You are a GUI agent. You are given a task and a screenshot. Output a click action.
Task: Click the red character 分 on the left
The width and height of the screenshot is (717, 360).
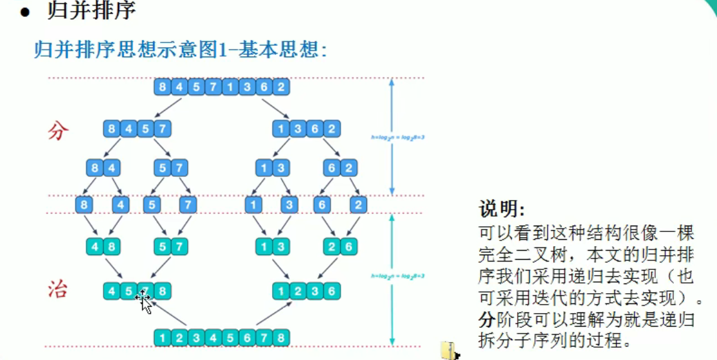(x=59, y=131)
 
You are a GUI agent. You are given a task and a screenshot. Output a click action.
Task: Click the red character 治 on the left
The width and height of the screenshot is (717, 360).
(x=59, y=290)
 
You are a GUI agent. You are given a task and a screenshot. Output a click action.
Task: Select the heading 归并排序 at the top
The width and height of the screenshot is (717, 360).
(x=91, y=11)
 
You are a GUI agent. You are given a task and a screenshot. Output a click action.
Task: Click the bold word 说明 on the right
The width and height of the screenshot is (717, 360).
(x=502, y=210)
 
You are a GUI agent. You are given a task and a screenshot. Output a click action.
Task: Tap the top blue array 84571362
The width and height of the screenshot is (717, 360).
(x=221, y=87)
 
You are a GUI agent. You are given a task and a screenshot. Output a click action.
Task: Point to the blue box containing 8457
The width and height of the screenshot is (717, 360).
(x=138, y=129)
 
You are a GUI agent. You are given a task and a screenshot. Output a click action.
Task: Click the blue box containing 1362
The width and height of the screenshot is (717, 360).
(x=306, y=129)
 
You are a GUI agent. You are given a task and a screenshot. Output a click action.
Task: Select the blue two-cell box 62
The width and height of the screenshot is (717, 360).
(x=340, y=168)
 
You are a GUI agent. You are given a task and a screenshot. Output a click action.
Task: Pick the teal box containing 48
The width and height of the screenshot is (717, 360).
(x=104, y=246)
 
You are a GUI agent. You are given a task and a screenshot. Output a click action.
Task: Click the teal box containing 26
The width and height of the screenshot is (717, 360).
(x=340, y=246)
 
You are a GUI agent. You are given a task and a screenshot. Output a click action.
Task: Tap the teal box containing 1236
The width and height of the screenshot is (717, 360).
(x=306, y=291)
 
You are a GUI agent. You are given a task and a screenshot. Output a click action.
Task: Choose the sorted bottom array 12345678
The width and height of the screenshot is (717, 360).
(x=221, y=337)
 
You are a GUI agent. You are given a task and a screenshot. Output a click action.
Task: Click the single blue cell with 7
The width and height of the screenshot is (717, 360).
(x=188, y=206)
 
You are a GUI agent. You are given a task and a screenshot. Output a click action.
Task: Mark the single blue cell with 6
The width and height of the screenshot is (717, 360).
(x=323, y=206)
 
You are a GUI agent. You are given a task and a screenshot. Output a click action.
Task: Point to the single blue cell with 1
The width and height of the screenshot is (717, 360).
(x=255, y=206)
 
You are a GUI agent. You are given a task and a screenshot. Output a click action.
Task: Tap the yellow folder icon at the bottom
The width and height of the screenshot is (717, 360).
(x=449, y=350)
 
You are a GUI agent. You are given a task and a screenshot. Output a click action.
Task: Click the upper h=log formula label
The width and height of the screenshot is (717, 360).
(x=397, y=137)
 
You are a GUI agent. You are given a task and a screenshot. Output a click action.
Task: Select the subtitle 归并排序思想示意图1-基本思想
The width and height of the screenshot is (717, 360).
(x=180, y=50)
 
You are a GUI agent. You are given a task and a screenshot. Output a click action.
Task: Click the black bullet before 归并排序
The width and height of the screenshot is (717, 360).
(x=25, y=12)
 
